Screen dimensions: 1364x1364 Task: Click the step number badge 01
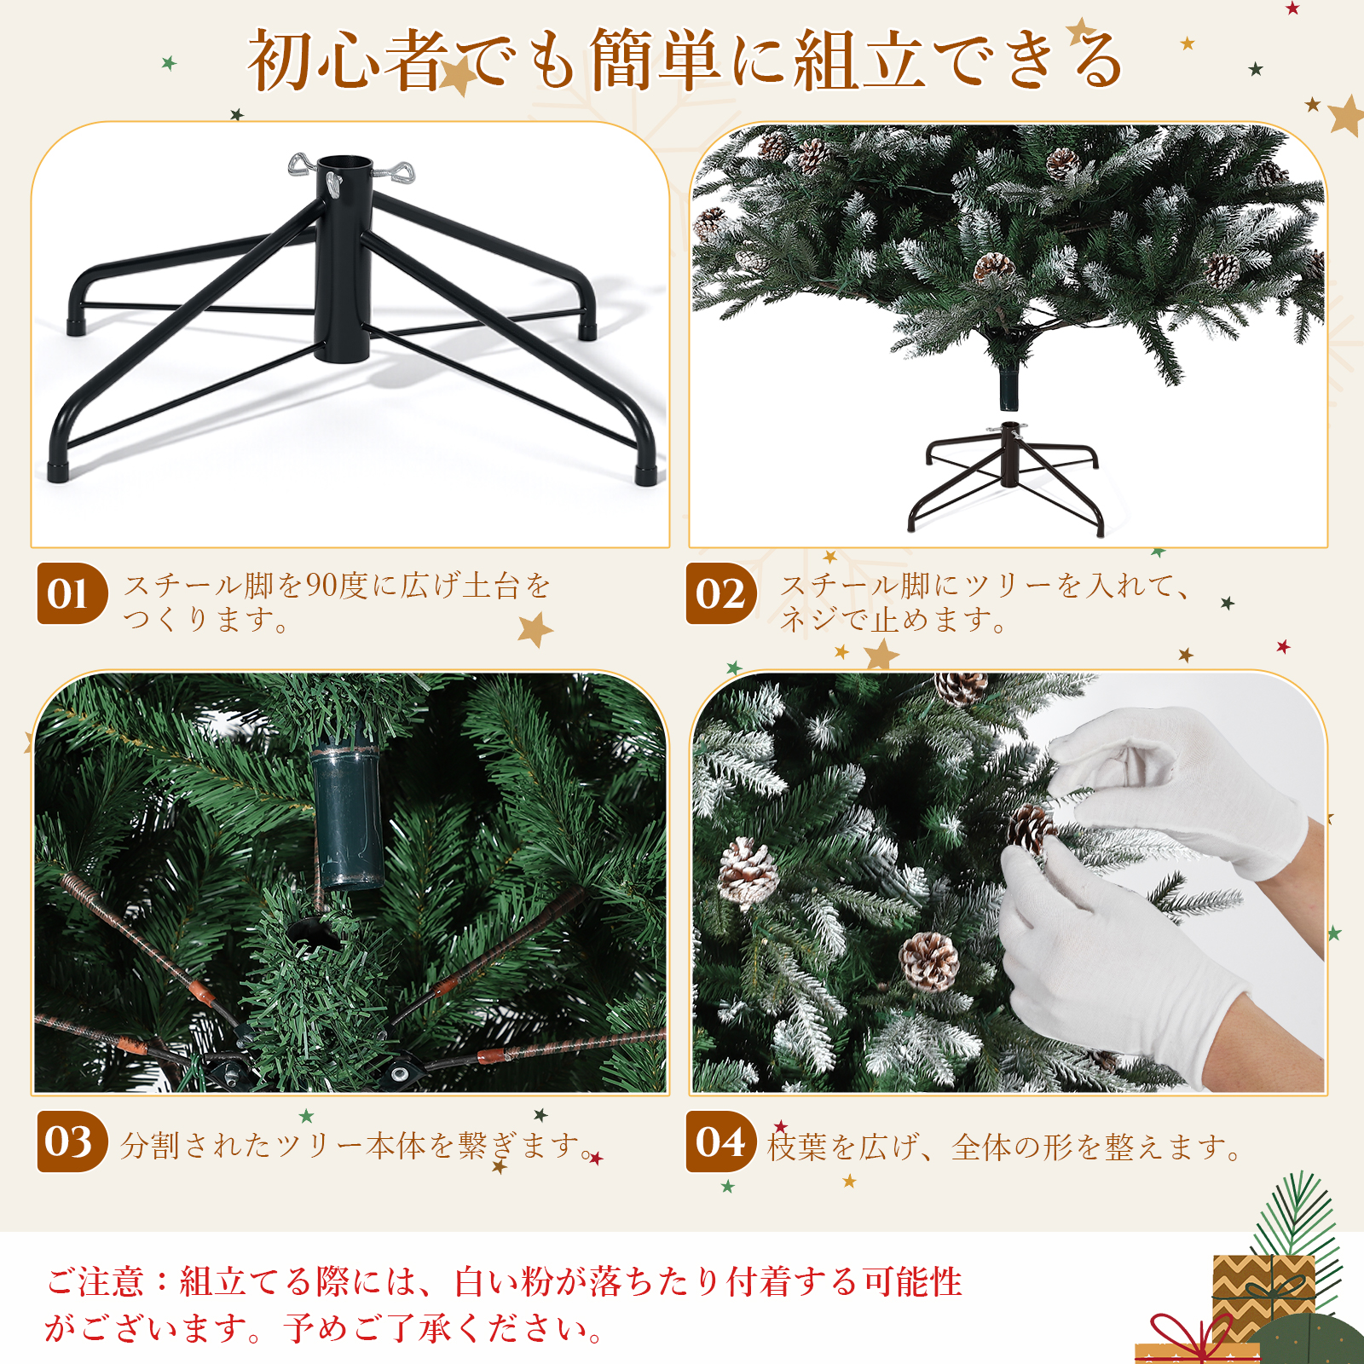point(72,593)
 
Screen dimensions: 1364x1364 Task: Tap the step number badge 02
point(721,593)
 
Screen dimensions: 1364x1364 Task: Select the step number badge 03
point(72,1141)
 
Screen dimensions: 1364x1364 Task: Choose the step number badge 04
point(721,1141)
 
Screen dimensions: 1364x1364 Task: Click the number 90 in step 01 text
point(321,586)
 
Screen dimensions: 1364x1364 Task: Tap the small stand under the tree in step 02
point(1009,477)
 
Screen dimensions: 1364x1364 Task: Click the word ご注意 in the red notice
point(95,1281)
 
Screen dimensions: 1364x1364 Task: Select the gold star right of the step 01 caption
point(535,630)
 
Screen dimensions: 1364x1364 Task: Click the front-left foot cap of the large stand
point(59,471)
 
